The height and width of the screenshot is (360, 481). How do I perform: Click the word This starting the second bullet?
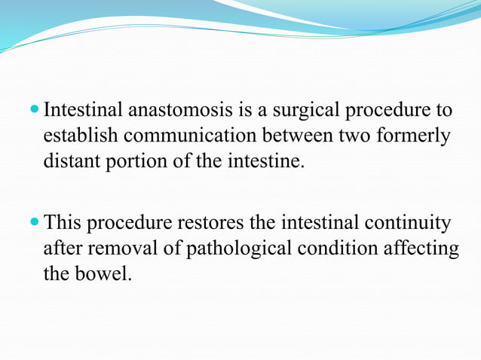coord(63,224)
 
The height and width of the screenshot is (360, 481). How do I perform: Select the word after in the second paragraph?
coord(60,249)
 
